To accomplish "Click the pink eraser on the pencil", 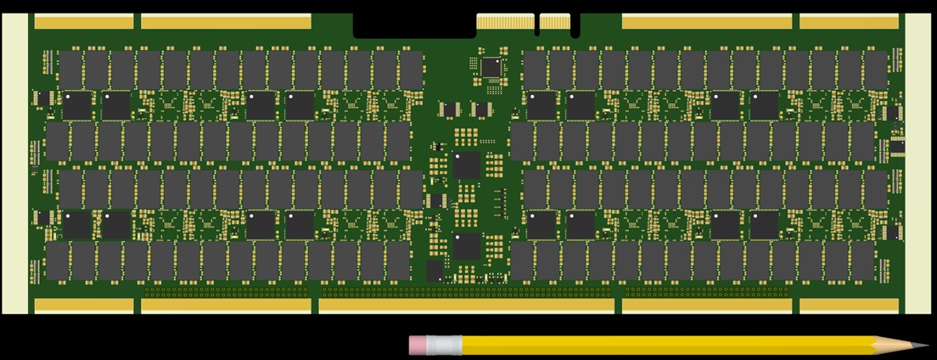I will tap(421, 345).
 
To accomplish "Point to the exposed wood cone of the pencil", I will tap(895, 346).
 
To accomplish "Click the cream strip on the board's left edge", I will tap(15, 163).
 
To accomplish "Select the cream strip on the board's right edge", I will tap(917, 163).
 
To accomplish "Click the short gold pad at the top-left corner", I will tap(84, 22).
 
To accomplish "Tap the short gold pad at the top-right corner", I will tap(849, 22).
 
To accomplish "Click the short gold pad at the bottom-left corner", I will tap(84, 305).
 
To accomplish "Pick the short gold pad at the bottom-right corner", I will tap(849, 305).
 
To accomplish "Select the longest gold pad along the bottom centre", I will tap(466, 305).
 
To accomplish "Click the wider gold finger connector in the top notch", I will tap(505, 22).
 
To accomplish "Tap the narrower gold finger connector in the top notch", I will tap(554, 22).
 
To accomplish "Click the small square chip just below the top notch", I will tap(491, 66).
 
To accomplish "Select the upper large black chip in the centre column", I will tap(467, 166).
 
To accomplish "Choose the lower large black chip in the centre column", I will tap(467, 245).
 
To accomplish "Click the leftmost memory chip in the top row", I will tap(69, 69).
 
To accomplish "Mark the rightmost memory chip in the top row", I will tap(875, 69).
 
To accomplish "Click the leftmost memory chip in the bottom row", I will tap(58, 262).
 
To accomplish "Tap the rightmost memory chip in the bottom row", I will tap(864, 262).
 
